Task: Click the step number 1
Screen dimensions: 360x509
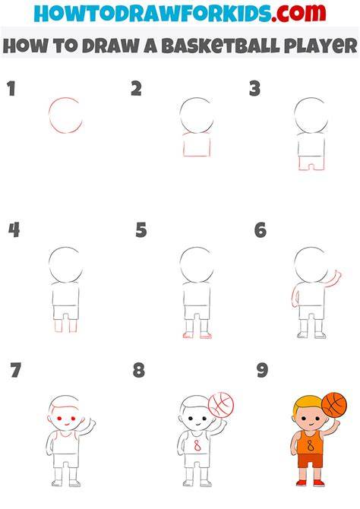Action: pos(11,89)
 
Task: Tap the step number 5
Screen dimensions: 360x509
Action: pos(141,230)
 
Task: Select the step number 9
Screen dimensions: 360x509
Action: pos(262,371)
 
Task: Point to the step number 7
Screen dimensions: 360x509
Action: pos(16,371)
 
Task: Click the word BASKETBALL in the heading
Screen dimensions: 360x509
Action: pos(220,46)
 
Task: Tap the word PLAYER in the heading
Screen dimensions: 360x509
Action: pos(321,46)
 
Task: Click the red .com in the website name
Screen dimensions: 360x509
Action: pos(298,13)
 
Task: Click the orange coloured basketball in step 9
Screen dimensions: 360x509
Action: pos(334,405)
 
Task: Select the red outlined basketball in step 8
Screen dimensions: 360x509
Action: pos(221,406)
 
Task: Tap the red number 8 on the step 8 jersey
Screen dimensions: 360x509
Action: pos(197,446)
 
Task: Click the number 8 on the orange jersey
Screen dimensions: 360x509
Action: pos(311,446)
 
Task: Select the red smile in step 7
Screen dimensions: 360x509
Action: pos(66,424)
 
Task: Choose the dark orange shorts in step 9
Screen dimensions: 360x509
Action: pos(311,460)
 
